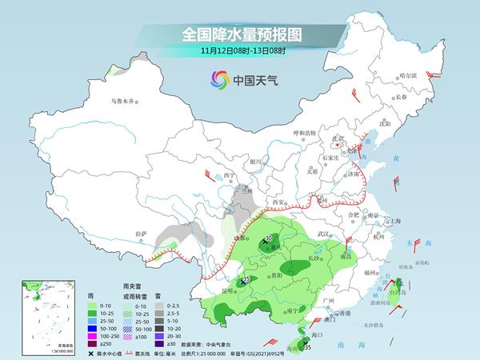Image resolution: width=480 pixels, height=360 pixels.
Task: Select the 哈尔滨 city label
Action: click(408, 75)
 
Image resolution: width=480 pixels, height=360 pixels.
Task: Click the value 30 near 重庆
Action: click(268, 238)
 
